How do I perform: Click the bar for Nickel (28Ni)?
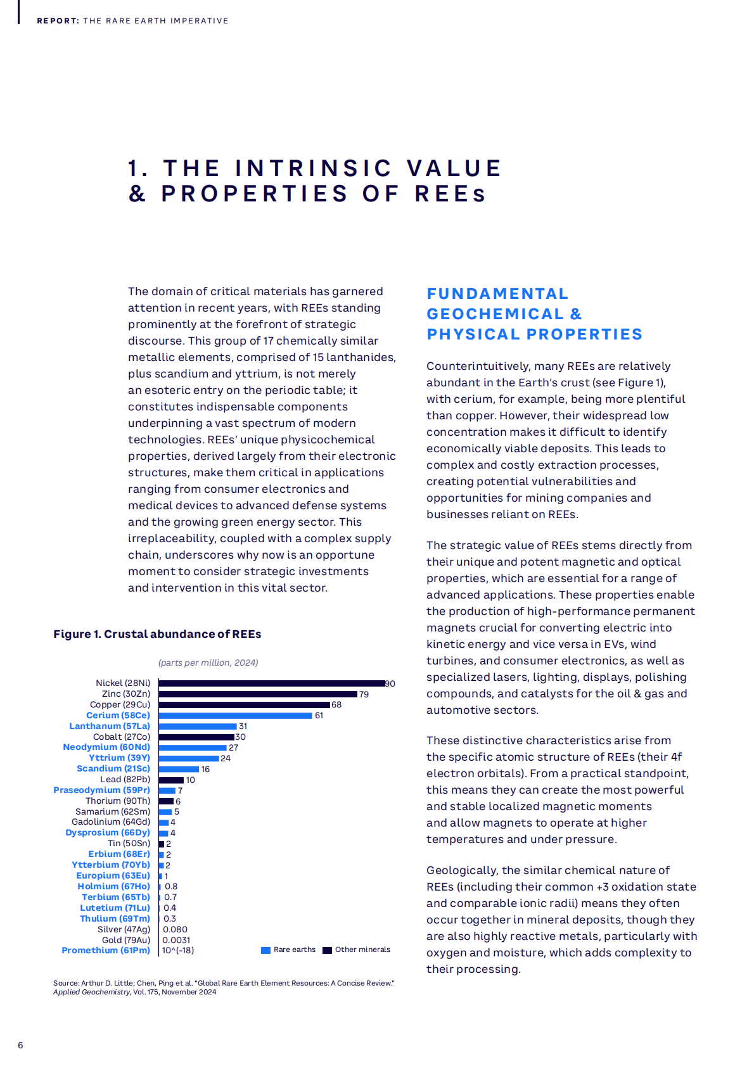272,683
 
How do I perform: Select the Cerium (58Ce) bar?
236,716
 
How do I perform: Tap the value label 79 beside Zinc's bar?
364,694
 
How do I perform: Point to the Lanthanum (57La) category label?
110,726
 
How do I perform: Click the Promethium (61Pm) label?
106,950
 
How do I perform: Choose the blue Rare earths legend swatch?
266,950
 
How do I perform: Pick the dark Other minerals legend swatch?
327,950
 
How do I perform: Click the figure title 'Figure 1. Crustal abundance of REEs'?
157,634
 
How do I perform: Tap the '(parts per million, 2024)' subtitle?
208,663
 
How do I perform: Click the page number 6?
20,1045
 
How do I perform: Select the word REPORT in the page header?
57,21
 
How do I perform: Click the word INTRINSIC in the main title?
314,168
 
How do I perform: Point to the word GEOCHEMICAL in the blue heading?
495,314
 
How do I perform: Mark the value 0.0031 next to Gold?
176,940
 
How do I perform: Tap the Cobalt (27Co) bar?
196,737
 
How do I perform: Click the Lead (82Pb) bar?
171,780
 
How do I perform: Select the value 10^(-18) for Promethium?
178,950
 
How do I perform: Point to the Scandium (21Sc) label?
113,769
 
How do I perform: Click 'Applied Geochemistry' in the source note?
92,992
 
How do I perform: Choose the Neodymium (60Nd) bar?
193,748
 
